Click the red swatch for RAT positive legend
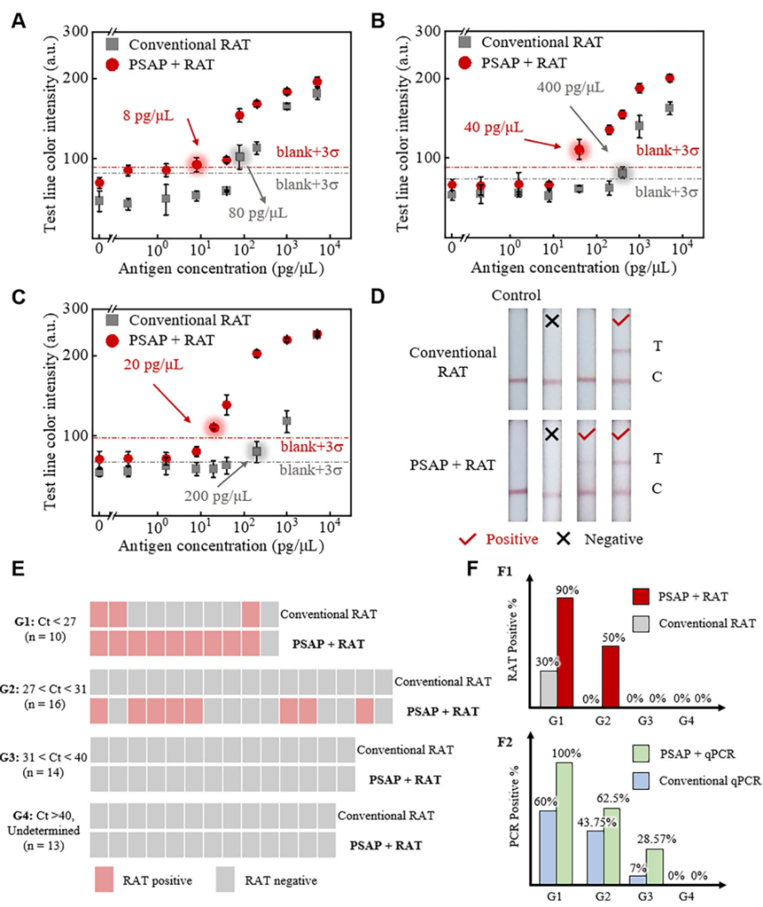coord(114,880)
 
